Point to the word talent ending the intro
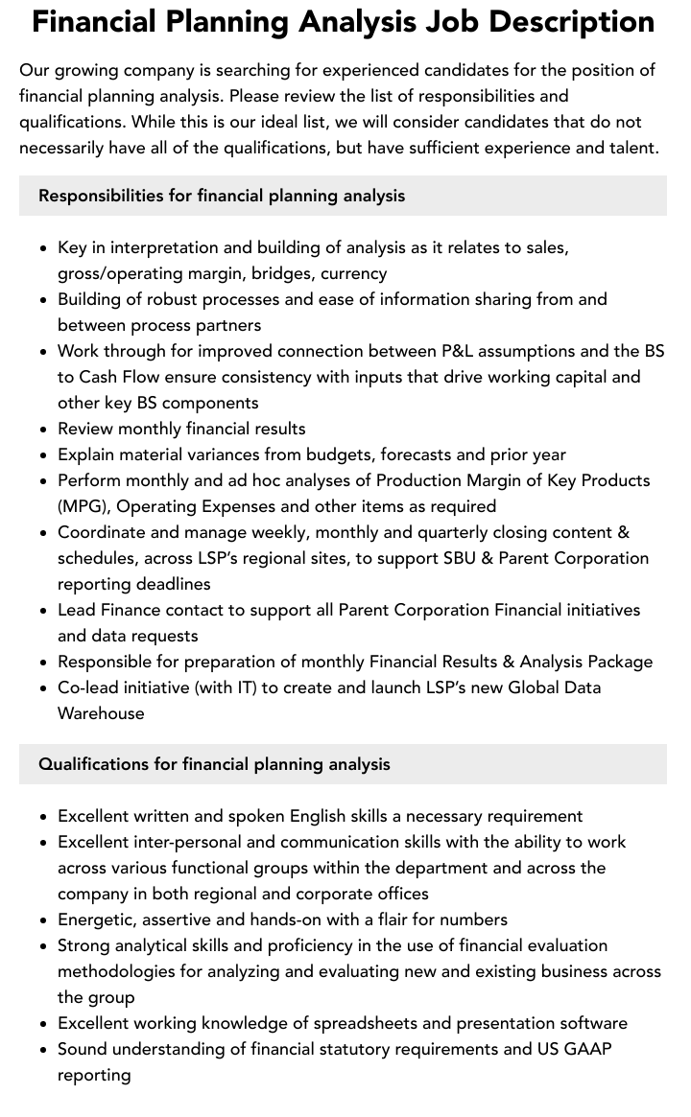tap(629, 148)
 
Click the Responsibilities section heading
tap(222, 196)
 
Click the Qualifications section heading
tap(214, 764)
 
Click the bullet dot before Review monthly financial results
tap(44, 430)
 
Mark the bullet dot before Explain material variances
tap(44, 455)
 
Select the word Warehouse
tap(101, 713)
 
